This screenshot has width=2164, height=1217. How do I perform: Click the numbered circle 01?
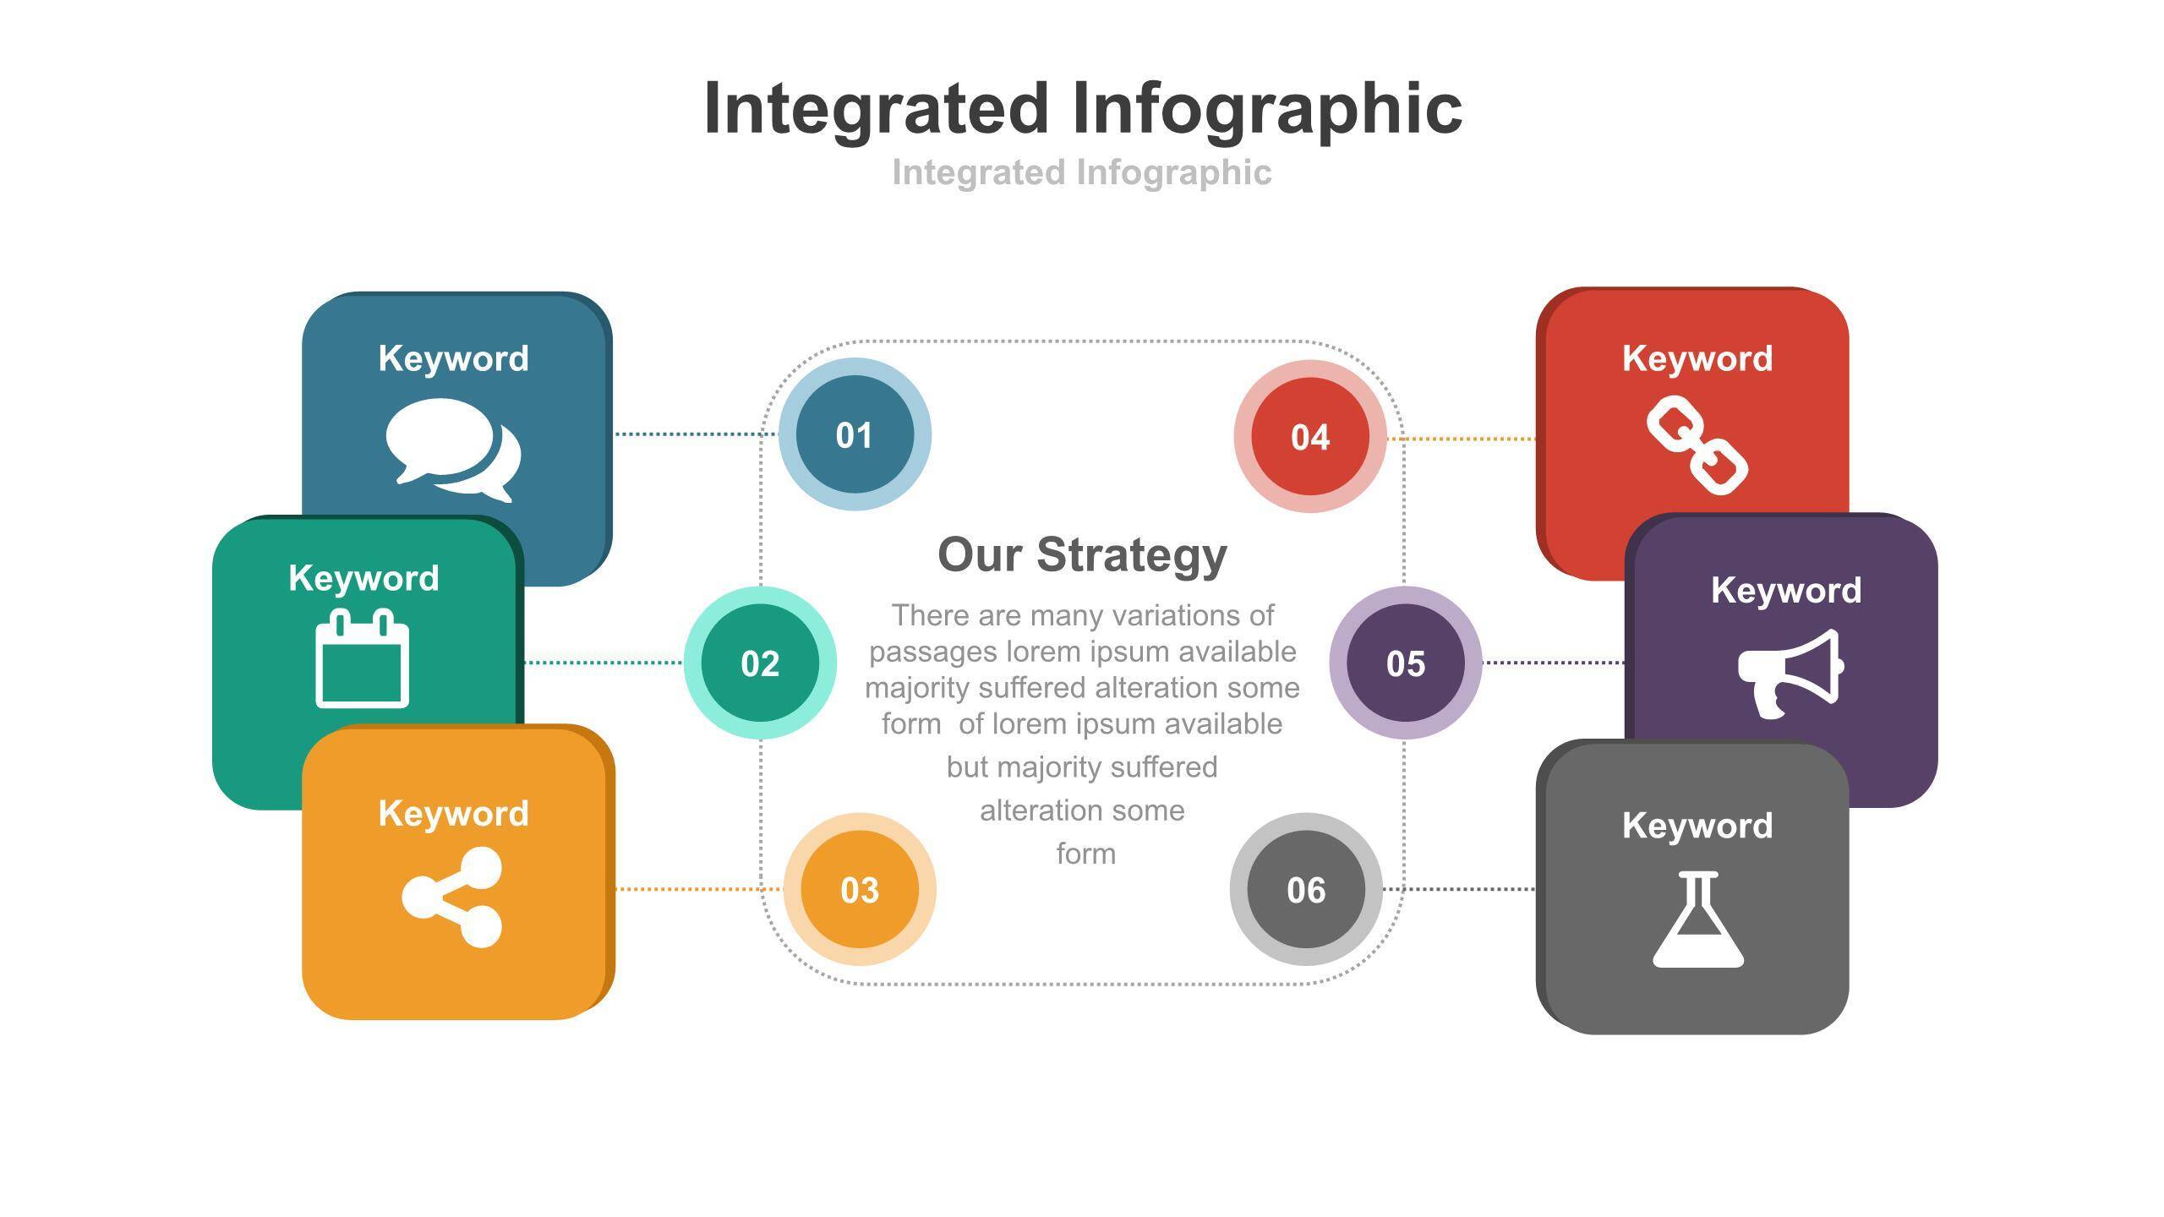pyautogui.click(x=855, y=434)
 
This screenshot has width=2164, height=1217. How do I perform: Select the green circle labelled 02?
pyautogui.click(x=760, y=663)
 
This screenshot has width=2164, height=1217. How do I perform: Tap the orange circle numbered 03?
pyautogui.click(x=860, y=889)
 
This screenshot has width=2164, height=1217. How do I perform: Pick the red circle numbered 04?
pyautogui.click(x=1310, y=436)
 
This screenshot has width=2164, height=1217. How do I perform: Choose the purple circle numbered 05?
pyautogui.click(x=1406, y=663)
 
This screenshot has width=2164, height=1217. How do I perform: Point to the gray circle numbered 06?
pyautogui.click(x=1306, y=889)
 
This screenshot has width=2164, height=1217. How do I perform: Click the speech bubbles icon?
pyautogui.click(x=453, y=450)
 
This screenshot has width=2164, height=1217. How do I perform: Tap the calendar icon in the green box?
pyautogui.click(x=363, y=658)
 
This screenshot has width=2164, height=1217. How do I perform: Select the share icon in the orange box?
pyautogui.click(x=452, y=898)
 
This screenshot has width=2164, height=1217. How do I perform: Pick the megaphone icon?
pyautogui.click(x=1790, y=674)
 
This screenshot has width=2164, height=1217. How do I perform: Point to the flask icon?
pyautogui.click(x=1698, y=920)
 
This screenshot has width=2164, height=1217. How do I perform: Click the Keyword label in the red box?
pyautogui.click(x=1697, y=358)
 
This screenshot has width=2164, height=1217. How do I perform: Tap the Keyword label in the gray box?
pyautogui.click(x=1697, y=826)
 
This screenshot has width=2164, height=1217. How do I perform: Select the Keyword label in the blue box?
pyautogui.click(x=454, y=358)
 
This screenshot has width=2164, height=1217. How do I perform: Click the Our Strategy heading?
pyautogui.click(x=1082, y=555)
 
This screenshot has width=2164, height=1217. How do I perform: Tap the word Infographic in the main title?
pyautogui.click(x=1268, y=109)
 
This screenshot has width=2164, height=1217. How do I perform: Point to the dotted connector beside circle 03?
pyautogui.click(x=699, y=889)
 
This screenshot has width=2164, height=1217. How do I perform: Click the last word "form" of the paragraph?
pyautogui.click(x=1086, y=854)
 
